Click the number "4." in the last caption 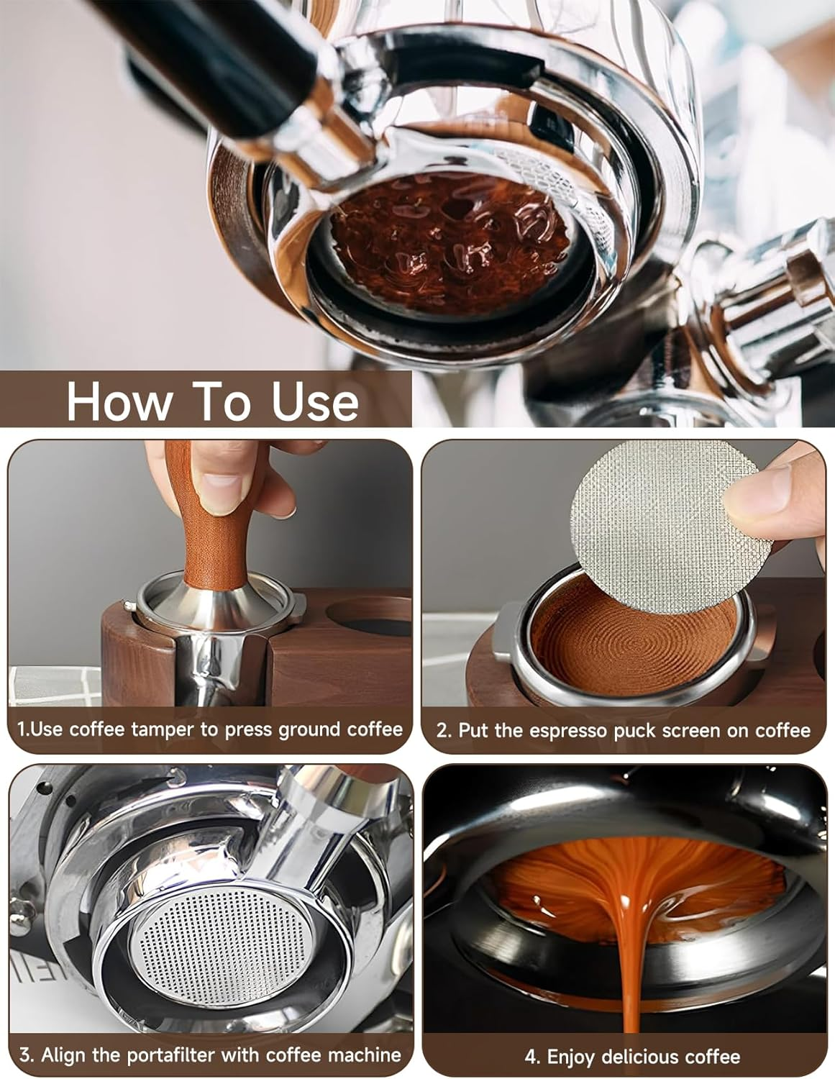pos(533,1057)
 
